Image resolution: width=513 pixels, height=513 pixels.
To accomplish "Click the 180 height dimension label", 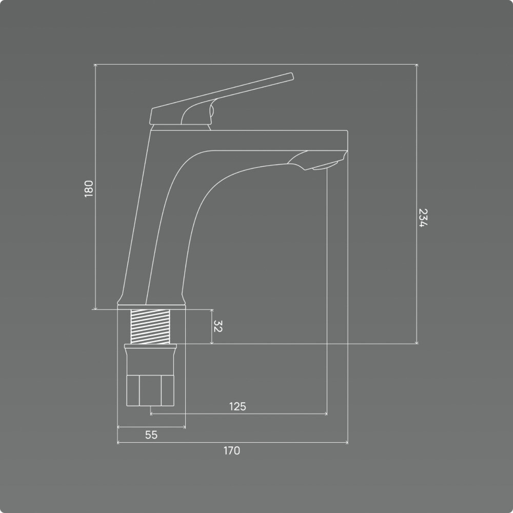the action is tap(89, 189).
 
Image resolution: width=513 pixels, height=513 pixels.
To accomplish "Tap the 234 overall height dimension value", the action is tap(423, 218).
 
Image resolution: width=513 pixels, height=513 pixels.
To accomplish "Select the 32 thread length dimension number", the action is tap(218, 326).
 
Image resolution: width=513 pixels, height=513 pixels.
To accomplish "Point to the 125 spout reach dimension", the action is tap(238, 406).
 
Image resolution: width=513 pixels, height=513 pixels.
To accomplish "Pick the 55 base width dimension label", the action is tap(151, 435).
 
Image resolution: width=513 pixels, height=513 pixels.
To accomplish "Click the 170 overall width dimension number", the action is tap(232, 450).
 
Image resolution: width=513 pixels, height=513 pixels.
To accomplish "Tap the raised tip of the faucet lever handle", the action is tap(292, 76).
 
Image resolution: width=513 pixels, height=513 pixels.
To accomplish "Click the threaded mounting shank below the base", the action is tap(150, 326).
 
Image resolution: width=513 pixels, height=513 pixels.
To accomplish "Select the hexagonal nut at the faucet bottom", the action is tap(150, 390).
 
